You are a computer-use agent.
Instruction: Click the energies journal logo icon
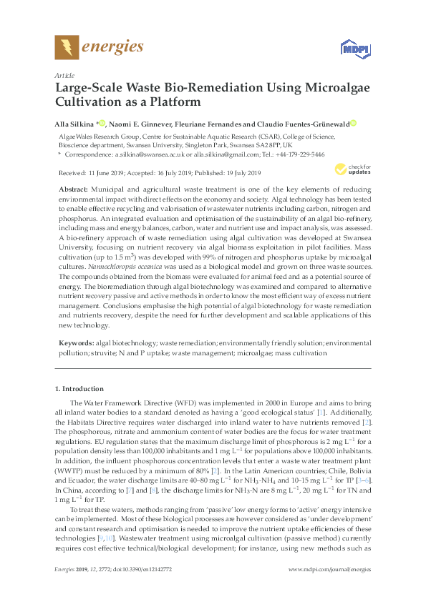pos(67,47)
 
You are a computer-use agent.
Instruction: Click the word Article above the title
pos(64,74)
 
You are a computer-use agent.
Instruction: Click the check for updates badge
pos(341,170)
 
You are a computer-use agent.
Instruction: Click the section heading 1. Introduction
pos(79,389)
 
